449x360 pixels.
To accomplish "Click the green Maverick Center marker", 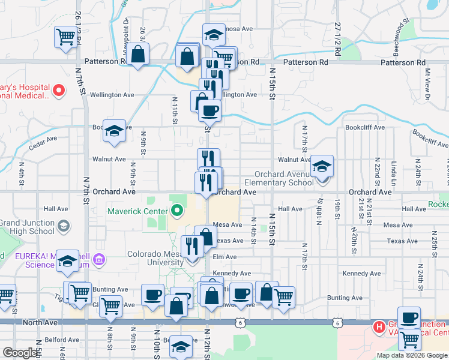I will tap(176, 211).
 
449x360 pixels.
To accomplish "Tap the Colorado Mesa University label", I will tap(157, 258).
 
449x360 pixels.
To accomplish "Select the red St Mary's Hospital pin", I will tap(59, 91).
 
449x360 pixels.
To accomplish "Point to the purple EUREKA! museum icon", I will tap(100, 260).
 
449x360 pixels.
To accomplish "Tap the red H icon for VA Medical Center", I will tap(379, 328).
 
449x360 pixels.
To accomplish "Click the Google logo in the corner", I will tap(20, 353).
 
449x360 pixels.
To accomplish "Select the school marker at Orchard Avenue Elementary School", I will tap(322, 166).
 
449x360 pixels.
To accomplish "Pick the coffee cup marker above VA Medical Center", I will tap(409, 318).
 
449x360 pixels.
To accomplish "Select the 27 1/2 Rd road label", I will tap(337, 40).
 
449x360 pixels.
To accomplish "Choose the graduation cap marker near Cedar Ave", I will tap(113, 132).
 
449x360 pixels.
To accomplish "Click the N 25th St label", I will tap(433, 240).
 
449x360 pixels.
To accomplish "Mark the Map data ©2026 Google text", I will tap(411, 355).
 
